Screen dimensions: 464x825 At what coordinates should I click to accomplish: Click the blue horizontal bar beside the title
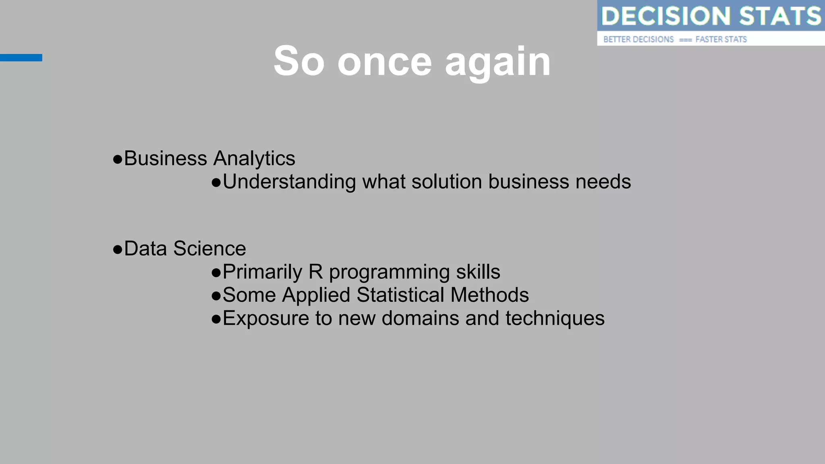[x=21, y=58]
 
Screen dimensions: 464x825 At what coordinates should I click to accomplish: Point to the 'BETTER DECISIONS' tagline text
[x=638, y=39]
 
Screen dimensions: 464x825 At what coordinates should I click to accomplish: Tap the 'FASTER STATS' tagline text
[x=721, y=39]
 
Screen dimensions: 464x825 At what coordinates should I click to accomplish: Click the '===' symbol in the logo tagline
[x=685, y=40]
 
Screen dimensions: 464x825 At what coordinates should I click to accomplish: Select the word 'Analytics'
[x=254, y=158]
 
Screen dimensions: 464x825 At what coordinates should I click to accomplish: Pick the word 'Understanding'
[x=289, y=182]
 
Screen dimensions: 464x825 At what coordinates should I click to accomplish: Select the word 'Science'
[x=209, y=249]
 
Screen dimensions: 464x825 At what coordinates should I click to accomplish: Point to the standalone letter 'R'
[x=315, y=272]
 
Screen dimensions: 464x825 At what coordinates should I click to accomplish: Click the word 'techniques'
[x=555, y=319]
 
